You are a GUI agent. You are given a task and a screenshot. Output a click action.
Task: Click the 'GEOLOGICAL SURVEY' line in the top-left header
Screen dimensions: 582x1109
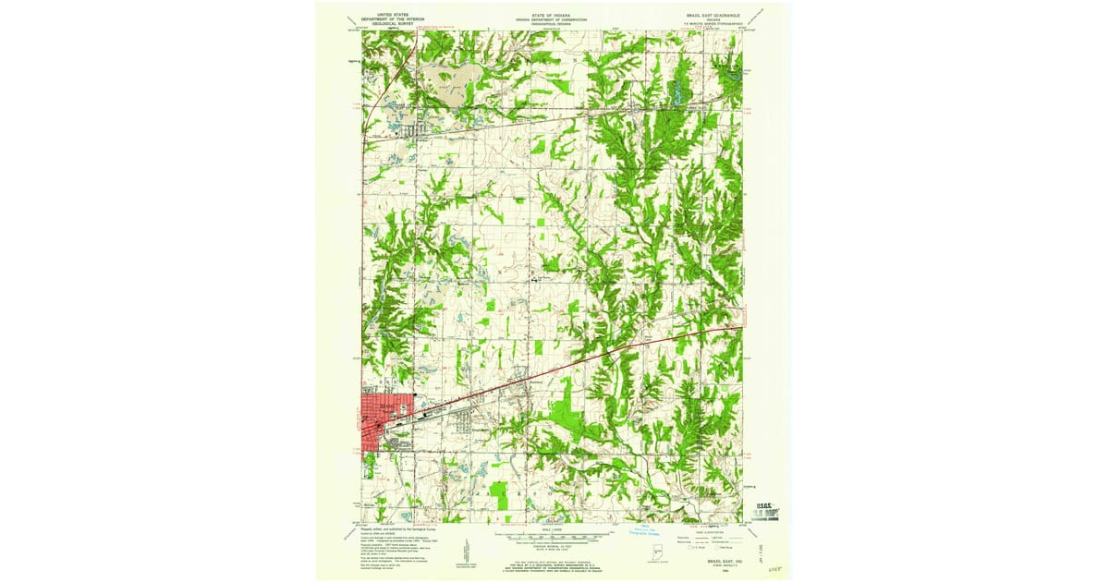[x=386, y=26]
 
